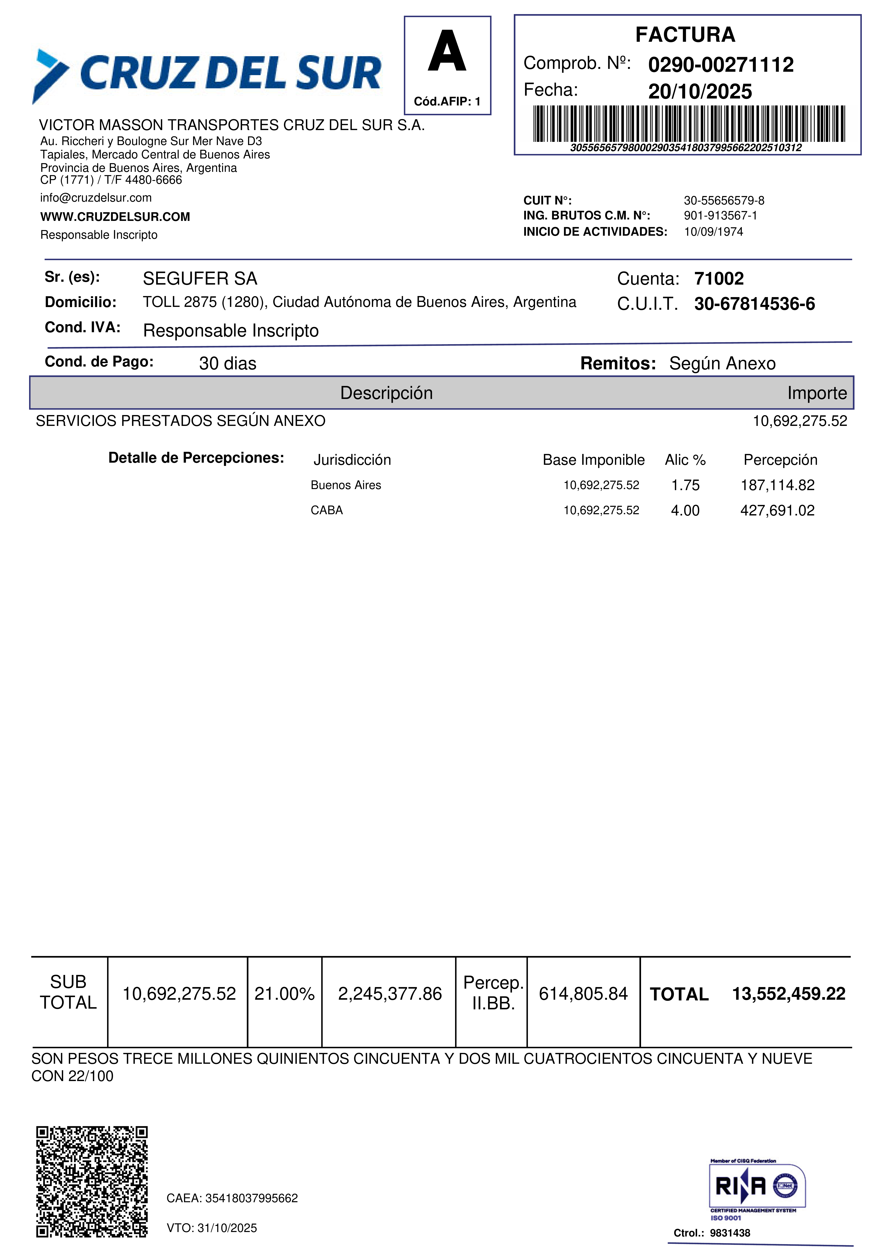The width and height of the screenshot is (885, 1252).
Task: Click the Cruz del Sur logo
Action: tap(207, 74)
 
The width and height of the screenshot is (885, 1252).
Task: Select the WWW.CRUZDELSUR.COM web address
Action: tap(115, 217)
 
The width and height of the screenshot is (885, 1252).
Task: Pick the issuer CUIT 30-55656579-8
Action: tap(724, 201)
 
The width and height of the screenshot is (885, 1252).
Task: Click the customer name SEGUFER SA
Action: tap(200, 279)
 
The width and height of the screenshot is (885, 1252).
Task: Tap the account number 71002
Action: tap(719, 279)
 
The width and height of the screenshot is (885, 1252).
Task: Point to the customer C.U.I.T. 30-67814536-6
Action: tap(754, 304)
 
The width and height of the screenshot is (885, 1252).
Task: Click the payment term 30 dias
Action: tap(227, 363)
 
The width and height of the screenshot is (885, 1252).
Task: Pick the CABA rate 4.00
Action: tap(685, 510)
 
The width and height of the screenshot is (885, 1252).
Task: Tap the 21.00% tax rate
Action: tap(284, 993)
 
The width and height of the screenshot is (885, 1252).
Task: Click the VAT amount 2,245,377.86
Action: tap(389, 993)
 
